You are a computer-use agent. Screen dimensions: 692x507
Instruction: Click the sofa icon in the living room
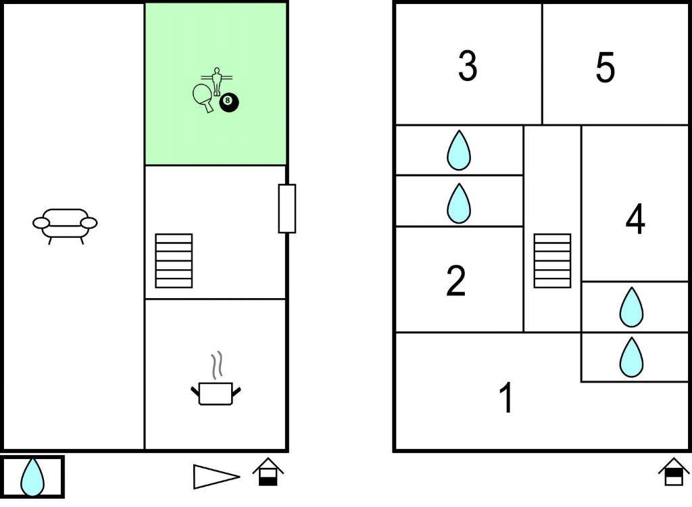[x=65, y=226]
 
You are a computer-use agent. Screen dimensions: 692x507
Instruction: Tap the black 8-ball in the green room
[x=229, y=103]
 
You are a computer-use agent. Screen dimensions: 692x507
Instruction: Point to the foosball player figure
[x=216, y=81]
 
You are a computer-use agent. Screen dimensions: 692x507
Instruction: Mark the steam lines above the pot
[x=216, y=365]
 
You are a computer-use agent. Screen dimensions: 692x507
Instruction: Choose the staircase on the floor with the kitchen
[x=174, y=260]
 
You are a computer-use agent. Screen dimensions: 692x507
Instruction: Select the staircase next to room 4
[x=552, y=260]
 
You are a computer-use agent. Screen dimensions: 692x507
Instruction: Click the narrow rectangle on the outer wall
[x=287, y=208]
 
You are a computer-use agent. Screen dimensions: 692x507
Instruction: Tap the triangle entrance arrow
[x=216, y=477]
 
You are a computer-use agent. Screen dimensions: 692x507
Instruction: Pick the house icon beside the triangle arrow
[x=268, y=472]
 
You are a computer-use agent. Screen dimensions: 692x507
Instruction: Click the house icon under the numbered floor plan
[x=674, y=472]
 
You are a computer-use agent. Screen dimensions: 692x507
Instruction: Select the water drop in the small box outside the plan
[x=32, y=477]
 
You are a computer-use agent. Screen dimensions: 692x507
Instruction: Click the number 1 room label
[x=507, y=397]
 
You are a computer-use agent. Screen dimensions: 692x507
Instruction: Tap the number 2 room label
[x=456, y=281]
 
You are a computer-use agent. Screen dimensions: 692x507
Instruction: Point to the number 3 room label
[x=468, y=66]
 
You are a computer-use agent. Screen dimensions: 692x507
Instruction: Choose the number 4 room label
[x=635, y=219]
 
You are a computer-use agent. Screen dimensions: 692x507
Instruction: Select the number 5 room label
[x=605, y=67]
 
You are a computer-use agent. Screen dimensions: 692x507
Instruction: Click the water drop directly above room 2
[x=459, y=203]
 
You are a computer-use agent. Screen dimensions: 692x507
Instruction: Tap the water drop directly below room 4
[x=632, y=307]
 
